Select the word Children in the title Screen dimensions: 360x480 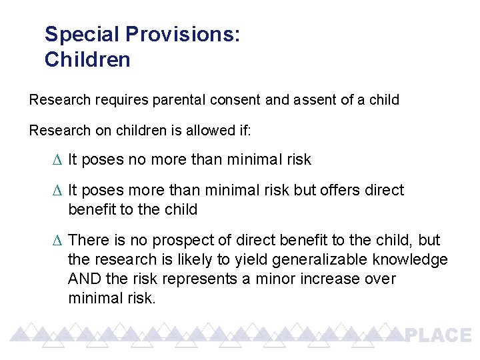point(87,60)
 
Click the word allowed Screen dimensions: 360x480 point(201,131)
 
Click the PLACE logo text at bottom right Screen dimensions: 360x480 point(438,335)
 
